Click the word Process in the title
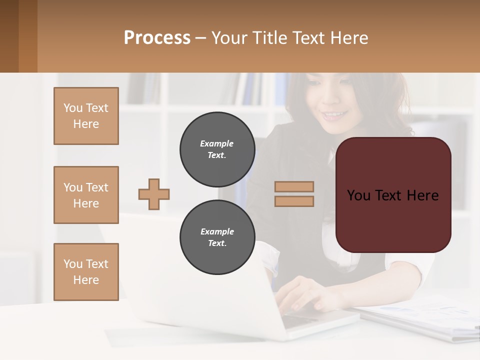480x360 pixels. [157, 38]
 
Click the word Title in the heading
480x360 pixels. [270, 38]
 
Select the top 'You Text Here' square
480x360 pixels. [86, 116]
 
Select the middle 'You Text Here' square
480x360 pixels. [86, 195]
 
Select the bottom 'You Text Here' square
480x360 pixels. [86, 272]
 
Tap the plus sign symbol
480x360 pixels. [154, 194]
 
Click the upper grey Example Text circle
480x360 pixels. [217, 149]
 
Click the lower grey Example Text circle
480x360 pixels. [217, 237]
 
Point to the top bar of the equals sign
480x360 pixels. [294, 186]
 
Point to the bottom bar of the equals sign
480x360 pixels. [294, 201]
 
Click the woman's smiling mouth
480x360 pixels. [334, 115]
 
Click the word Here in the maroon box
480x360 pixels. [422, 195]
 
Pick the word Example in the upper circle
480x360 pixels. [216, 143]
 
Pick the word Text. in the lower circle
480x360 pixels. [217, 243]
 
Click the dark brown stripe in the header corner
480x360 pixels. [9, 36]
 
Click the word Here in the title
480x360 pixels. [349, 38]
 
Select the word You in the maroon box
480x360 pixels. [358, 195]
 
